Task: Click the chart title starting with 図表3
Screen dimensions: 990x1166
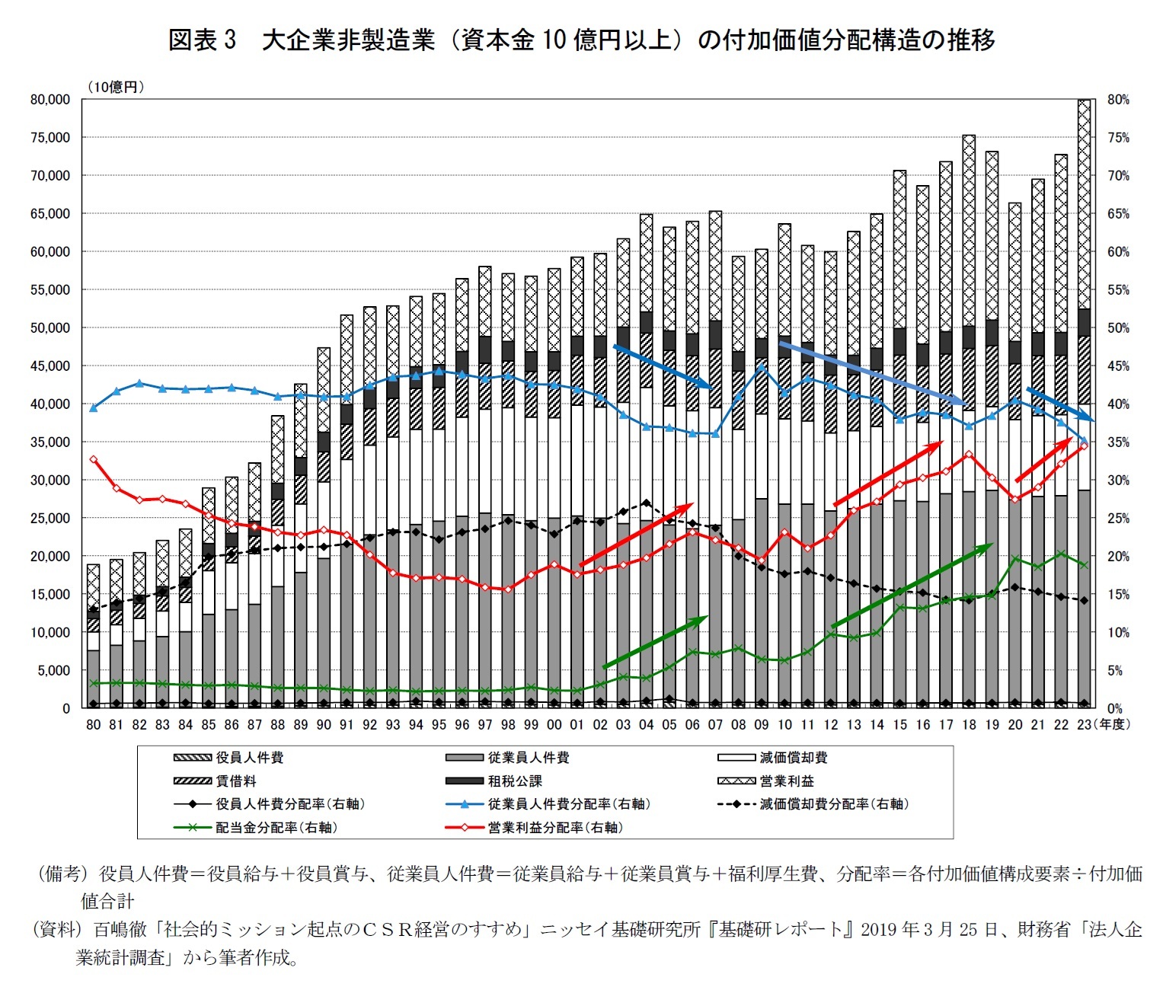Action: [582, 40]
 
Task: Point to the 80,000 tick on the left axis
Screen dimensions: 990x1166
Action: [50, 100]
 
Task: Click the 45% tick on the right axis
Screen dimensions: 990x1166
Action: [1118, 366]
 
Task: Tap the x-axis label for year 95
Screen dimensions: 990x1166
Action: [439, 725]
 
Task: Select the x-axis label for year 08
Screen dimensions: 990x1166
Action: [738, 725]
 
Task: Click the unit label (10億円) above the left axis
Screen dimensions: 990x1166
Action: [115, 87]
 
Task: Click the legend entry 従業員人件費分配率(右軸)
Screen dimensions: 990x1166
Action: [568, 804]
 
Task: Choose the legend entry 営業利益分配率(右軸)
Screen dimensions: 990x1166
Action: [555, 828]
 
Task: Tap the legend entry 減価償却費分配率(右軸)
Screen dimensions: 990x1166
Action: [834, 804]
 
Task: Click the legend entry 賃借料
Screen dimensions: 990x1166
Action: [235, 781]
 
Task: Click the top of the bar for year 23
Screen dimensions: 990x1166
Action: [1084, 101]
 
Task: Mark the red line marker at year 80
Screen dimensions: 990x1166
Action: [93, 459]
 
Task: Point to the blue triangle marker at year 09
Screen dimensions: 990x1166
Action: [761, 366]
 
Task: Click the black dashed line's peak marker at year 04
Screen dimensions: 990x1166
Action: [646, 503]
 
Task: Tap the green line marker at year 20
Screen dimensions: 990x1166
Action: [1014, 558]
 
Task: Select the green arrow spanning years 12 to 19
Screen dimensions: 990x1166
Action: [912, 586]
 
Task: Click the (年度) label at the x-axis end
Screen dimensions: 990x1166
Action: [1113, 725]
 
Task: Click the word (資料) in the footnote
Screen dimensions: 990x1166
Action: [56, 930]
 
